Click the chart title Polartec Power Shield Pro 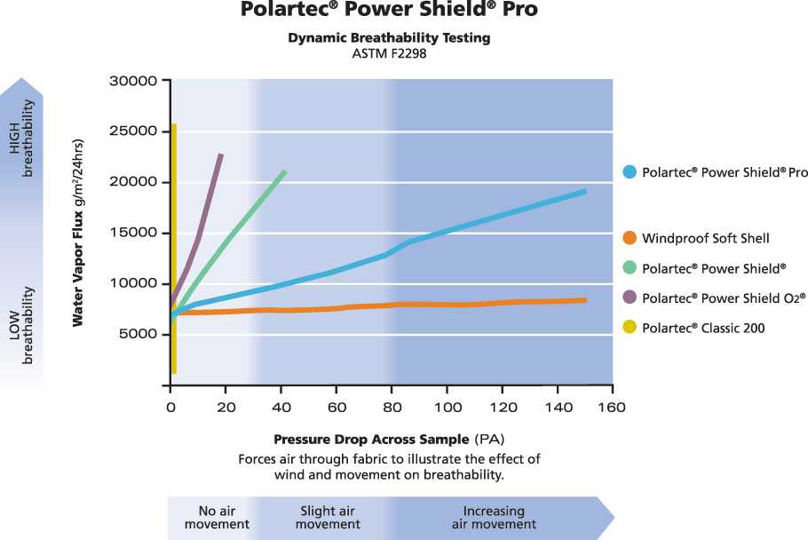[390, 11]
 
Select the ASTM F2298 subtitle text [390, 54]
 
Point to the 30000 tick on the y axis [133, 82]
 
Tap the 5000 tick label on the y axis [137, 335]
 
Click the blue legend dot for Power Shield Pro [629, 173]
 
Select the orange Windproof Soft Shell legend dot [629, 238]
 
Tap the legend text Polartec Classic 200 [703, 328]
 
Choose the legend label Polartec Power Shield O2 [724, 298]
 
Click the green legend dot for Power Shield [629, 268]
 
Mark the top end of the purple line [220, 155]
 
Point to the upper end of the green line [284, 171]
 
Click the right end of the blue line [584, 191]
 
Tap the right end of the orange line [584, 300]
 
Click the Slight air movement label [328, 518]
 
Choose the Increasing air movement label [494, 518]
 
